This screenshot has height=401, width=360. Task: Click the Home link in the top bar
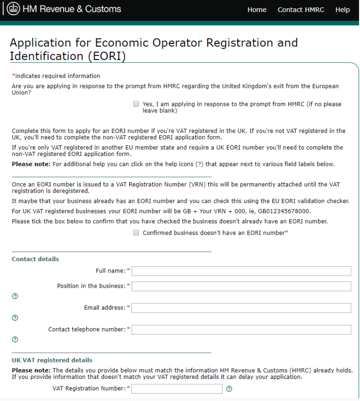(257, 10)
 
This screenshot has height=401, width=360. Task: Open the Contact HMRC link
(301, 10)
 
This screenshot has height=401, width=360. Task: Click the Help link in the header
(342, 10)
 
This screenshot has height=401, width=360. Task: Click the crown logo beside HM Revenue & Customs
(13, 9)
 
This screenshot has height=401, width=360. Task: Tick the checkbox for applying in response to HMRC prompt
(136, 104)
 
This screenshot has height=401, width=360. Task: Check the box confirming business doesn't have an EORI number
(136, 233)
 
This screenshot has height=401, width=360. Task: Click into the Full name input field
(241, 271)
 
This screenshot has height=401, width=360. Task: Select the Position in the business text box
(241, 286)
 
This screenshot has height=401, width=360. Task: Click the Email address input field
(241, 308)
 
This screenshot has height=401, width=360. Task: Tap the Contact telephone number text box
(241, 330)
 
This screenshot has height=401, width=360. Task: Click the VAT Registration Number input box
(177, 389)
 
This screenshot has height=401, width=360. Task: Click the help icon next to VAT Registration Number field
(229, 389)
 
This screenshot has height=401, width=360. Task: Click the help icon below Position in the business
(15, 296)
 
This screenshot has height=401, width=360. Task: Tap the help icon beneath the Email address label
(15, 318)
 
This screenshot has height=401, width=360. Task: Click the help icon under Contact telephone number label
(15, 339)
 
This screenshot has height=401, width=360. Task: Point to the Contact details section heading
(35, 259)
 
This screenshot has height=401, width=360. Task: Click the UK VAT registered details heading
(52, 360)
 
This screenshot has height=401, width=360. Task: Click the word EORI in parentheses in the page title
(106, 56)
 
